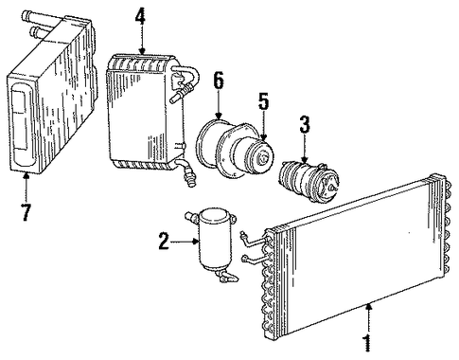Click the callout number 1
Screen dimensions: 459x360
[x=367, y=342]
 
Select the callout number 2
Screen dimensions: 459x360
[x=165, y=241]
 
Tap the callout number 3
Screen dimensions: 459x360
[x=305, y=124]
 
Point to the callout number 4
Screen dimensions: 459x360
[x=141, y=16]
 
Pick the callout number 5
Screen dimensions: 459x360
[x=263, y=101]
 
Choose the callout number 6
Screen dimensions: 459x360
[x=218, y=81]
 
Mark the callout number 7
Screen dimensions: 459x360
[x=26, y=212]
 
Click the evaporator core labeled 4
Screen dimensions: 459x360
[x=146, y=111]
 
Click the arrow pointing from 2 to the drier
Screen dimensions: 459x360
[x=185, y=242]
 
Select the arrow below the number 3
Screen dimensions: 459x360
[x=305, y=149]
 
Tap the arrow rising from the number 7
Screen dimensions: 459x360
[x=26, y=187]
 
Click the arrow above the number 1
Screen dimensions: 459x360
[x=367, y=318]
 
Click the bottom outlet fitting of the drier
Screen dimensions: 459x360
[x=226, y=276]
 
